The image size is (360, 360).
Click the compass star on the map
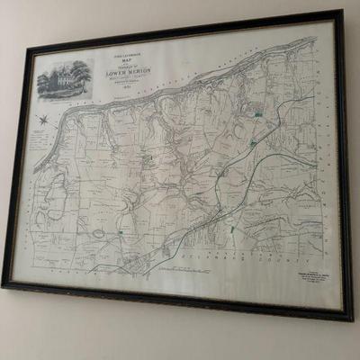coord(43,117)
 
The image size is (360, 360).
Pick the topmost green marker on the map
coord(258,113)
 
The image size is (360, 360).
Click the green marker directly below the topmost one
coord(253,143)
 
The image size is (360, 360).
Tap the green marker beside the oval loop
coord(121,233)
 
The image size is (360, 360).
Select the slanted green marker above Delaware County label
coord(232,229)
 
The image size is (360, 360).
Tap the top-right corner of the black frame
coord(341,13)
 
